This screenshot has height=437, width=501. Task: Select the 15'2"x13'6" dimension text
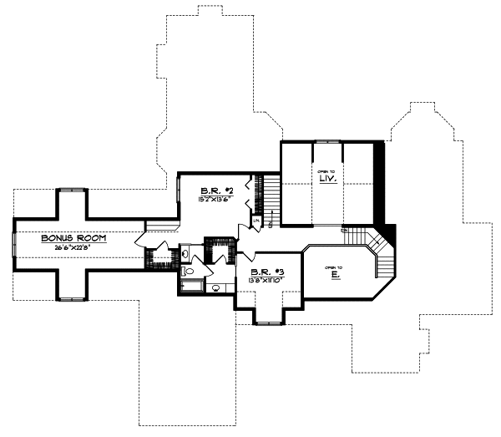pyautogui.click(x=215, y=199)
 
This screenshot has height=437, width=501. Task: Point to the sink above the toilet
pyautogui.click(x=188, y=254)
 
